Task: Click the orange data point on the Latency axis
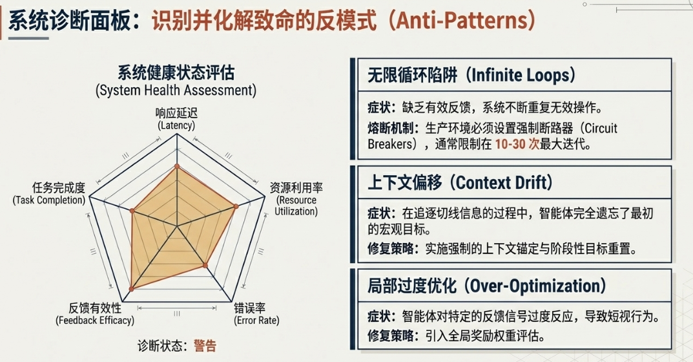[177, 166]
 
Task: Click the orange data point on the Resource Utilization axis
[236, 206]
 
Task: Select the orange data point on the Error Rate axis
[205, 265]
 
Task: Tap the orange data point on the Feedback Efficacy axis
[131, 288]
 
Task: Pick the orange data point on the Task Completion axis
[132, 211]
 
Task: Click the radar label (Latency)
[176, 125]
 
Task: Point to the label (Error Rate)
[256, 321]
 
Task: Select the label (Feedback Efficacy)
[95, 321]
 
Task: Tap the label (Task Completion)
[48, 200]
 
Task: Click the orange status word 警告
[205, 346]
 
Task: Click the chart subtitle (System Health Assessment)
[176, 90]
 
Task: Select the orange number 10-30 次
[517, 144]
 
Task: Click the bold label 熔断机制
[391, 129]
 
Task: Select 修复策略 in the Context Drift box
[391, 248]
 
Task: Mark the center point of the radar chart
[177, 227]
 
